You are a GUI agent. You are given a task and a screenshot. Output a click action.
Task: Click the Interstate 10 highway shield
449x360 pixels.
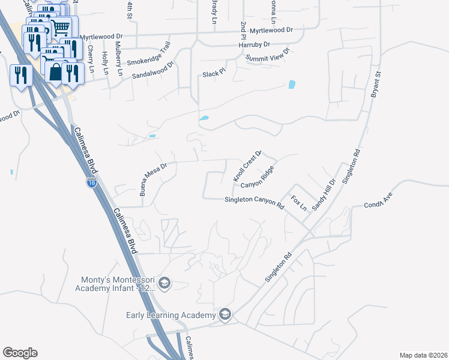pyautogui.click(x=91, y=182)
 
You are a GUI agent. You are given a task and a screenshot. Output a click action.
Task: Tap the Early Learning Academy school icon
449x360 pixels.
pyautogui.click(x=224, y=314)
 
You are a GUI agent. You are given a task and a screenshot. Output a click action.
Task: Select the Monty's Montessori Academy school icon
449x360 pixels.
pyautogui.click(x=165, y=283)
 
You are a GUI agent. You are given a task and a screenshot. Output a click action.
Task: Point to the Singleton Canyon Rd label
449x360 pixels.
pyautogui.click(x=254, y=202)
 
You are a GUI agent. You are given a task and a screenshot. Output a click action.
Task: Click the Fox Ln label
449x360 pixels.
pyautogui.click(x=299, y=202)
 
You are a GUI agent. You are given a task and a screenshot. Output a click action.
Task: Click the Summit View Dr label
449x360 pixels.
pyautogui.click(x=267, y=54)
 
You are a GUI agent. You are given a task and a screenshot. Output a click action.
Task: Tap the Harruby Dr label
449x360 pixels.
pyautogui.click(x=255, y=44)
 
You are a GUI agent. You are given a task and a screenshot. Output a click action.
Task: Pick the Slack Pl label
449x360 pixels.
pyautogui.click(x=213, y=73)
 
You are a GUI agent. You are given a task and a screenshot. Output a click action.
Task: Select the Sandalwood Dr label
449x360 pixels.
pyautogui.click(x=152, y=71)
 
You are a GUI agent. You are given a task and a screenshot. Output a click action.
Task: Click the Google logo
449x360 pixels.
pyautogui.click(x=20, y=352)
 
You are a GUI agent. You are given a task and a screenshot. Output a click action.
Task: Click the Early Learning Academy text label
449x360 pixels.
pyautogui.click(x=170, y=316)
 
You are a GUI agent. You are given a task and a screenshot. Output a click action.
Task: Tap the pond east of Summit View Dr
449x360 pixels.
pyautogui.click(x=292, y=85)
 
